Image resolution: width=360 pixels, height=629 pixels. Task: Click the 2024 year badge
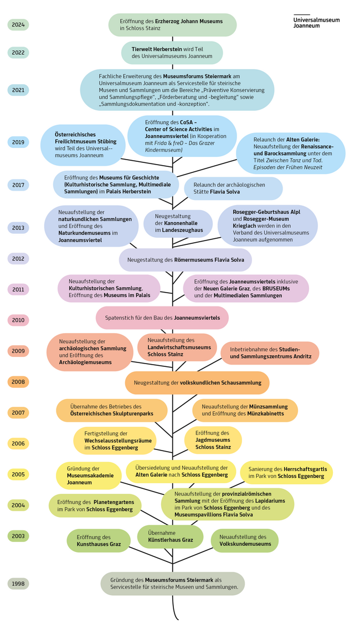pyautogui.click(x=18, y=25)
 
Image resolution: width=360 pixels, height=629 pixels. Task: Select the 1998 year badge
pyautogui.click(x=18, y=584)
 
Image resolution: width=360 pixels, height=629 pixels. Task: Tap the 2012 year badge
pyautogui.click(x=18, y=259)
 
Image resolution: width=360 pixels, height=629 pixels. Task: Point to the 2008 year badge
pyautogui.click(x=18, y=382)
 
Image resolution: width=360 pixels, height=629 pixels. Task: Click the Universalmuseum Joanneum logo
pyautogui.click(x=316, y=21)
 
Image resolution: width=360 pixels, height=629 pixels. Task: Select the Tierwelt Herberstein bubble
pyautogui.click(x=172, y=53)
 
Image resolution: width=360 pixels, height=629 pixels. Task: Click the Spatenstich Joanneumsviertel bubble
pyautogui.click(x=162, y=318)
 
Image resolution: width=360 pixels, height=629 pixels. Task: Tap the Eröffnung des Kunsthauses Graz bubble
pyautogui.click(x=99, y=541)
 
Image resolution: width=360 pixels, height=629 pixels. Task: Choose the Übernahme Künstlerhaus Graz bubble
pyautogui.click(x=171, y=536)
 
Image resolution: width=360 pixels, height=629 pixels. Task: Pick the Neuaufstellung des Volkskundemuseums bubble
pyautogui.click(x=245, y=540)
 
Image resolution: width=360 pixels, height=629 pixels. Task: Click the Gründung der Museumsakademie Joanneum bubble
pyautogui.click(x=89, y=475)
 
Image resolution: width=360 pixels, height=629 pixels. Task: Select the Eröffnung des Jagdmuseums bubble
pyautogui.click(x=213, y=440)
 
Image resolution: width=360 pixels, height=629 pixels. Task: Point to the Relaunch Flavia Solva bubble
pyautogui.click(x=233, y=188)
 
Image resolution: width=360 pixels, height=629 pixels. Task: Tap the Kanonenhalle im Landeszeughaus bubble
pyautogui.click(x=178, y=223)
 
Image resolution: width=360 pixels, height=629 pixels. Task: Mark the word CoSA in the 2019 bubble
pyautogui.click(x=188, y=122)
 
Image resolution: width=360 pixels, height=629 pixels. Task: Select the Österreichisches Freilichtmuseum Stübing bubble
pyautogui.click(x=83, y=145)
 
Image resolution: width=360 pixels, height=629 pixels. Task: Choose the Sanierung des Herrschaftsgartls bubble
pyautogui.click(x=286, y=473)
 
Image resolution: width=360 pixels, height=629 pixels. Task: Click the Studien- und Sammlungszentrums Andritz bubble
pyautogui.click(x=270, y=353)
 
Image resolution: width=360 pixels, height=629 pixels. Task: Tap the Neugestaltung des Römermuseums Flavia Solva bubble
pyautogui.click(x=185, y=259)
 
